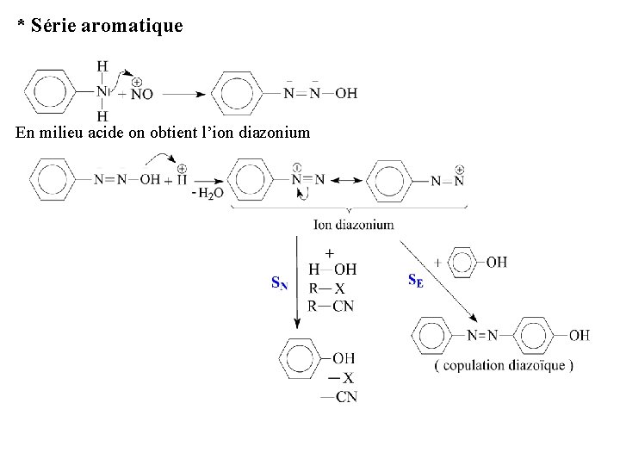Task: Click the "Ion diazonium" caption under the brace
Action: tap(354, 224)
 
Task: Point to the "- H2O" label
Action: tap(208, 193)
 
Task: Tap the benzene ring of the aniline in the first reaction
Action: tap(55, 90)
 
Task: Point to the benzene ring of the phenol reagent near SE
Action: tap(465, 262)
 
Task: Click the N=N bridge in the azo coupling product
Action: tap(483, 334)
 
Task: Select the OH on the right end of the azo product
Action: tap(579, 334)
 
